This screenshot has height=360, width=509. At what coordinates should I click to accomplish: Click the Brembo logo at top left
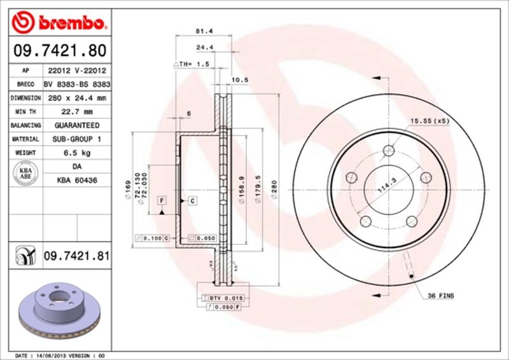[x=57, y=24]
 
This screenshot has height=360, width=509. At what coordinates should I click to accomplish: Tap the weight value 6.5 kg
[x=76, y=153]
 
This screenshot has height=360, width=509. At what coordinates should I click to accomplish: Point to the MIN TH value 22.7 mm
[x=76, y=112]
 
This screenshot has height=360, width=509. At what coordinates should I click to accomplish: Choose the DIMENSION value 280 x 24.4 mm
[x=76, y=98]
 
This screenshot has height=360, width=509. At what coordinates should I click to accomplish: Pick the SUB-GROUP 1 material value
[x=76, y=139]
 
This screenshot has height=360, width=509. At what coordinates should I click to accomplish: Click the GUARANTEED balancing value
[x=76, y=125]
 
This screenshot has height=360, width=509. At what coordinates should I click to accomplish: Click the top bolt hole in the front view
[x=387, y=151]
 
